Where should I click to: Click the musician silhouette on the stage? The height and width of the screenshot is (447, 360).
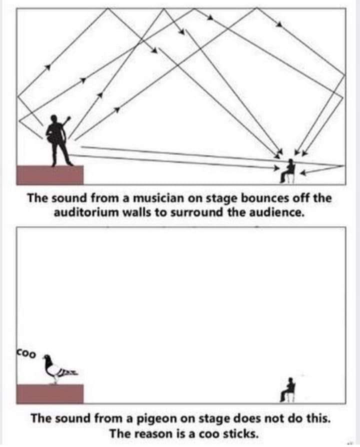[58, 140]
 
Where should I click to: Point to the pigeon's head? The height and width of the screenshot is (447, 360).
[47, 358]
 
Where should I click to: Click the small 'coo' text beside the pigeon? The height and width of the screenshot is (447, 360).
[26, 354]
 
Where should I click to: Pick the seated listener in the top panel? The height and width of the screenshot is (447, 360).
[287, 171]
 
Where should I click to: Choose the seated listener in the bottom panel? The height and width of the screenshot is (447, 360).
[287, 389]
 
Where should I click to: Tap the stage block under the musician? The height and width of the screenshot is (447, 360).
[50, 175]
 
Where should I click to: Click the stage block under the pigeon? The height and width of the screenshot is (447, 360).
[50, 394]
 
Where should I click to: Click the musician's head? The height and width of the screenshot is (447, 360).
[54, 118]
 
